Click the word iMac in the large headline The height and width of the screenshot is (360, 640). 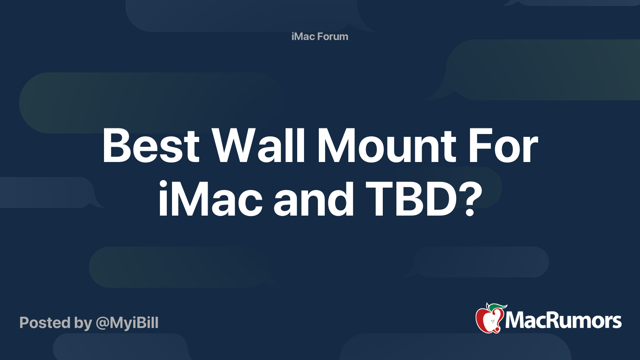210,199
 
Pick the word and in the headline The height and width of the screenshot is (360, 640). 314,199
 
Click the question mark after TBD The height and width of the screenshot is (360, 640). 472,199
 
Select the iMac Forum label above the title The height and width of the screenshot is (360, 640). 320,36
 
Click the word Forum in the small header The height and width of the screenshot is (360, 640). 333,36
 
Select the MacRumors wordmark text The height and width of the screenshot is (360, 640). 563,321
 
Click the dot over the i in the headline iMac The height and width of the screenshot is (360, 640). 163,184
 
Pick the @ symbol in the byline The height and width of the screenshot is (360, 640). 102,323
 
